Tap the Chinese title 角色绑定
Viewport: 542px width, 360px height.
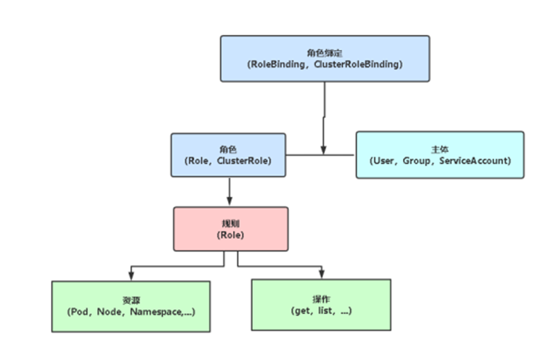pos(324,53)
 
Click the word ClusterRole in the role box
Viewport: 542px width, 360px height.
pos(245,160)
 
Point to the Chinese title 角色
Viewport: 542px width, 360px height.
pos(228,149)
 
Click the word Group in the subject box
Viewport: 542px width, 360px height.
pos(416,160)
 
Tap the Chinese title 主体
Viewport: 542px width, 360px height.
pos(440,149)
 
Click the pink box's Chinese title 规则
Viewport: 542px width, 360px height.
pos(230,223)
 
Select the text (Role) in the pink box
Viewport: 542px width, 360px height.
pos(230,235)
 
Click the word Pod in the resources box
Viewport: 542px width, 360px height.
pos(81,312)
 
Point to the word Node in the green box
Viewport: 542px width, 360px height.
pos(111,312)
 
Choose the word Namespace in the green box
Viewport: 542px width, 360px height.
pos(158,312)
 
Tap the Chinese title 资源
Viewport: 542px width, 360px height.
pos(131,300)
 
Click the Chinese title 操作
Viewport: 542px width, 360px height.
pos(321,299)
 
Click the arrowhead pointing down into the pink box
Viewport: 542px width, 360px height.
pos(229,202)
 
